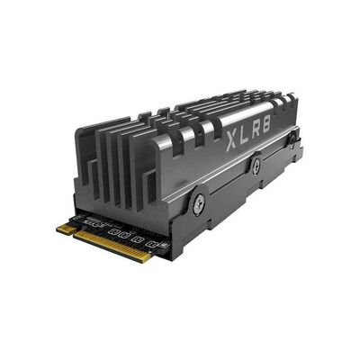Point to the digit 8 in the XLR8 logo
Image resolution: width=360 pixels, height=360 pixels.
[x=266, y=124]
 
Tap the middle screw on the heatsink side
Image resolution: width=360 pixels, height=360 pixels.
[x=256, y=164]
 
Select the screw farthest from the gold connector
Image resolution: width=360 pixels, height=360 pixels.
[x=292, y=139]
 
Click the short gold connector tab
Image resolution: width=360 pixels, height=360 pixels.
[x=67, y=229]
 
